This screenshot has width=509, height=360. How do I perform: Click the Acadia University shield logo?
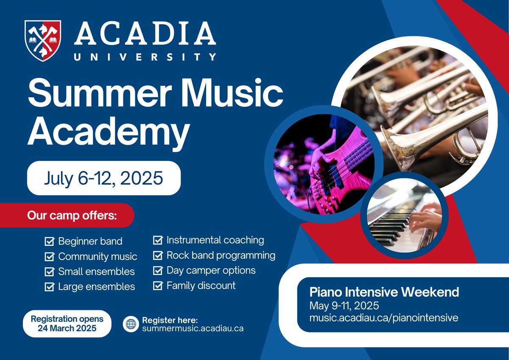[42, 41]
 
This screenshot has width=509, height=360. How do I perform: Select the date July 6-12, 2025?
[103, 178]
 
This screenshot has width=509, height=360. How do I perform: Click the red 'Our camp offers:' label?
[72, 215]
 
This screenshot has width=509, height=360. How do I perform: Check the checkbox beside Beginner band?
[50, 242]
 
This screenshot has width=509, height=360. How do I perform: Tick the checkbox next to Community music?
[50, 257]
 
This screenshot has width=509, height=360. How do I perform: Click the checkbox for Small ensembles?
[50, 272]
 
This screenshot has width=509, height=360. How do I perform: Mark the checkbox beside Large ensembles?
[50, 287]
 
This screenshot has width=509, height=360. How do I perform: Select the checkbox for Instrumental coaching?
[158, 240]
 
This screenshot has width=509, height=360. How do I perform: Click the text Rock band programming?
[221, 256]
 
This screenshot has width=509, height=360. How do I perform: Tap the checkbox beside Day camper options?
[158, 270]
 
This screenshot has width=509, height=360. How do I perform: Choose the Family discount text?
[201, 285]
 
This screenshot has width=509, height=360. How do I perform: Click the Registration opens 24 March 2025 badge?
[67, 323]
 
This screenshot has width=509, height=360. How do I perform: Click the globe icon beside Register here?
[131, 324]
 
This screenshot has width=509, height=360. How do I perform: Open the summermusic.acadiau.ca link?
[193, 329]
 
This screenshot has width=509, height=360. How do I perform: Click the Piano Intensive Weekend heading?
[384, 292]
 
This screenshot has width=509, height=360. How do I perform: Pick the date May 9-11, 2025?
[344, 305]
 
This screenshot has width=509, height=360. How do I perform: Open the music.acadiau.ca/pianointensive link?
[384, 318]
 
